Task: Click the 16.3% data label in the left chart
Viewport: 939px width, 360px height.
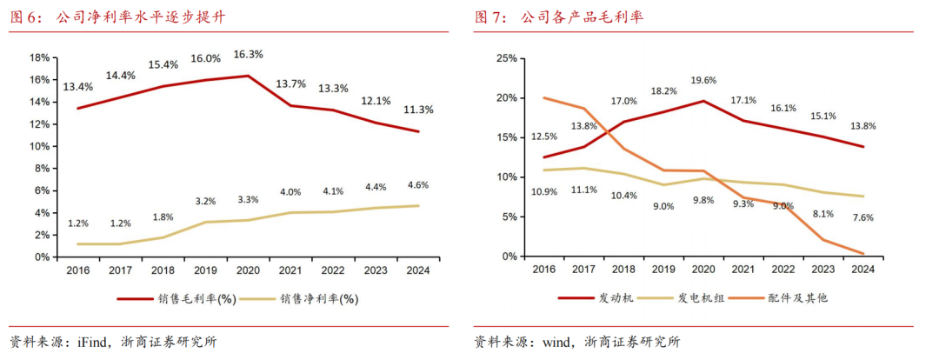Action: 248,54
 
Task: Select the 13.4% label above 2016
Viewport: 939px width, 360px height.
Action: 78,86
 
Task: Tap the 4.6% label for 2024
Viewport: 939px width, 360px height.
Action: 418,184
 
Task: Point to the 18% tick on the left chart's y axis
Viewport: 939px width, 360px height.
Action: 39,57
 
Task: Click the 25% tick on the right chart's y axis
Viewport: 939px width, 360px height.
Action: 506,58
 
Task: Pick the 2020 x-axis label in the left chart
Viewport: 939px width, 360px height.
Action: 249,270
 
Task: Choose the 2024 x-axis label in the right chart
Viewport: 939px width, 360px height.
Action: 862,270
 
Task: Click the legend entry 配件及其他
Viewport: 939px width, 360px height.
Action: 798,298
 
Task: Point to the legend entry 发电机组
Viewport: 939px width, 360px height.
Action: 702,298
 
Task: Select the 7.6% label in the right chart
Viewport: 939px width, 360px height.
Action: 862,217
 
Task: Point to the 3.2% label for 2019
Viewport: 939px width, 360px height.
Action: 204,201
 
